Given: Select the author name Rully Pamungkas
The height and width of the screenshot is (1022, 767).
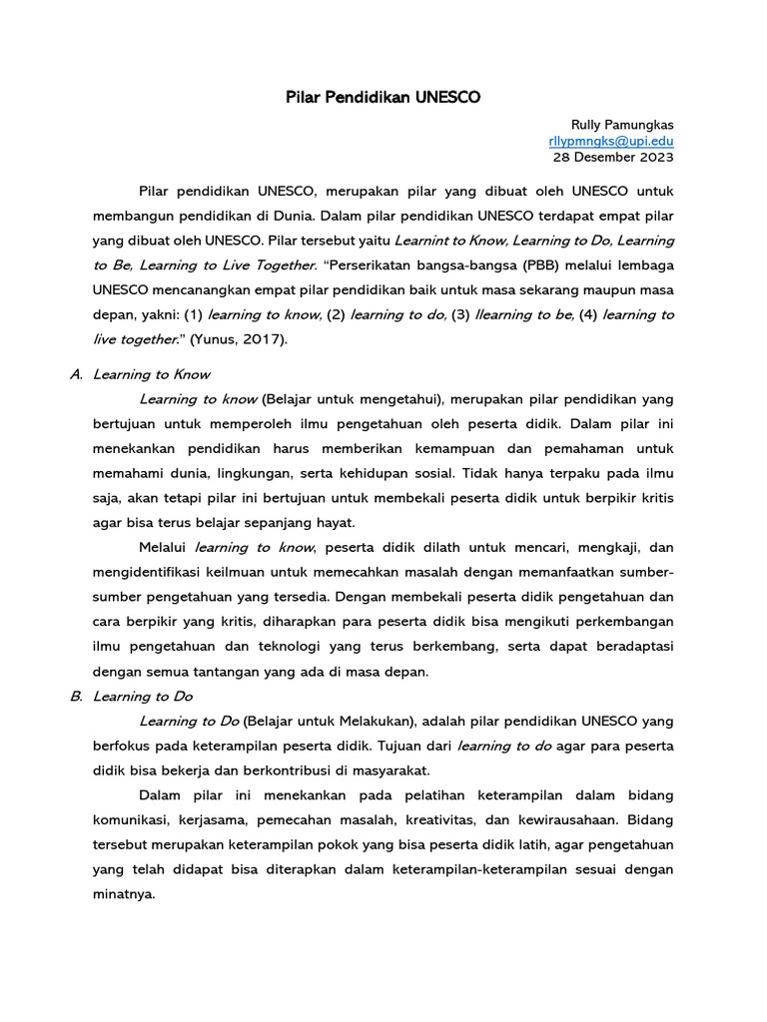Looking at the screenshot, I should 621,125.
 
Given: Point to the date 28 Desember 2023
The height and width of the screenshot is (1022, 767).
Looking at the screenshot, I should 613,157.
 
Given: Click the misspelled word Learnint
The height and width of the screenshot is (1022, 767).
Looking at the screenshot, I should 423,241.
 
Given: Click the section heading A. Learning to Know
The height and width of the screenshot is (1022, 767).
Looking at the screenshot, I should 140,374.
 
